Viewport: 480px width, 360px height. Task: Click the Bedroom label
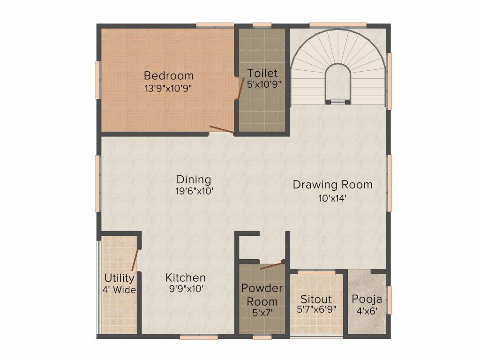click(x=168, y=75)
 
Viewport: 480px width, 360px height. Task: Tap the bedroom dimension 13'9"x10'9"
click(x=168, y=87)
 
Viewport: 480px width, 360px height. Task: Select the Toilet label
click(x=262, y=73)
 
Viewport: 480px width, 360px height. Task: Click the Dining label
click(x=194, y=180)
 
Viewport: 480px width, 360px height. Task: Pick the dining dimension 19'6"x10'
click(x=194, y=191)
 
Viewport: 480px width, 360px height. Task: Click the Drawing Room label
click(x=332, y=185)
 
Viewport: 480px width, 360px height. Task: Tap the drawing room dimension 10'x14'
click(x=332, y=197)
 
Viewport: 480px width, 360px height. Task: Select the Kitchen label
click(x=186, y=277)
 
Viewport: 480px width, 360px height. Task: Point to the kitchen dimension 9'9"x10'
click(x=186, y=289)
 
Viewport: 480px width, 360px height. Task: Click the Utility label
click(x=120, y=278)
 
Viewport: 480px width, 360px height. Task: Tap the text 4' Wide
click(x=120, y=290)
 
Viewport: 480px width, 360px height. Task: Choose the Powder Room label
click(x=262, y=294)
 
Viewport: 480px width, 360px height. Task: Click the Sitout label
click(x=316, y=299)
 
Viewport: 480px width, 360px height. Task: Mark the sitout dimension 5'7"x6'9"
click(x=316, y=309)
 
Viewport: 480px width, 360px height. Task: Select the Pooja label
click(x=367, y=299)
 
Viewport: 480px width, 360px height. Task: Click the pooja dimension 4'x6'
click(x=367, y=310)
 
